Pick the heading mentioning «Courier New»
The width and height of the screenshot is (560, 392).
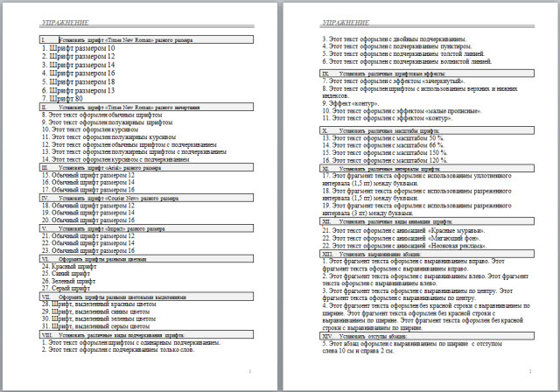(122, 199)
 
